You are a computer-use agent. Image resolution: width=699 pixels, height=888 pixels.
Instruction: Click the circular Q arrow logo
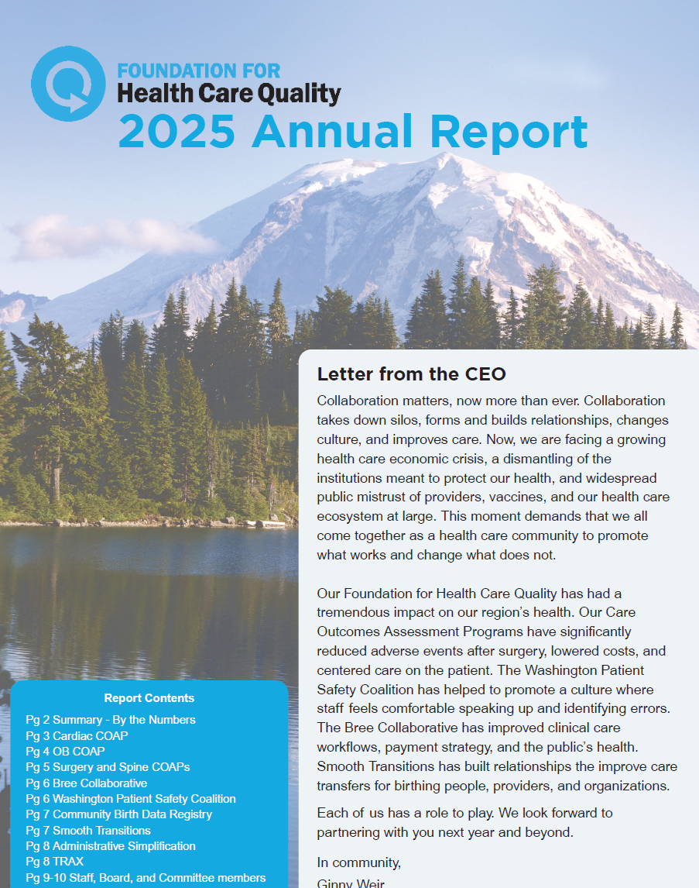[68, 84]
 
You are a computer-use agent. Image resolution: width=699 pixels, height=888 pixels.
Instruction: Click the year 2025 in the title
[176, 131]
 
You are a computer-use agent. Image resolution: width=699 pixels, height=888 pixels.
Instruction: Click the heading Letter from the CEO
[411, 374]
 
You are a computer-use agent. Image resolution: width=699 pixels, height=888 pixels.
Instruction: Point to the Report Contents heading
[149, 698]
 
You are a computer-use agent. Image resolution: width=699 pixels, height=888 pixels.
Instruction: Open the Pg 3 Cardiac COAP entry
[77, 735]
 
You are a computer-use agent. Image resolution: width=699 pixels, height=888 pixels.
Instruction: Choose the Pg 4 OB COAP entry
[65, 751]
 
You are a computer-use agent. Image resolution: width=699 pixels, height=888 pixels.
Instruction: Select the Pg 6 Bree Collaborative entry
[86, 783]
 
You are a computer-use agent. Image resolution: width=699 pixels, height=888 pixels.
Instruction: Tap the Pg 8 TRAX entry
[54, 862]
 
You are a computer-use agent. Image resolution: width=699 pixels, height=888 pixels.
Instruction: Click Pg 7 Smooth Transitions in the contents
[88, 830]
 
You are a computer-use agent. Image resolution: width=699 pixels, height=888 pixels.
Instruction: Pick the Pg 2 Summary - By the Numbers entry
[111, 720]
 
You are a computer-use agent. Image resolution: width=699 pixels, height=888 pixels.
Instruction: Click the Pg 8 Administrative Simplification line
[111, 846]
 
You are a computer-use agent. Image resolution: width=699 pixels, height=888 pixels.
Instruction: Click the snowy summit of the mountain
[445, 163]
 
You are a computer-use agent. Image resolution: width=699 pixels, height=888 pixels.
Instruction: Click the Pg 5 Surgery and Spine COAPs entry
[108, 767]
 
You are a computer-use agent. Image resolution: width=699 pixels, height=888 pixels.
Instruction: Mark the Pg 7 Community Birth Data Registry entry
[118, 814]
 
